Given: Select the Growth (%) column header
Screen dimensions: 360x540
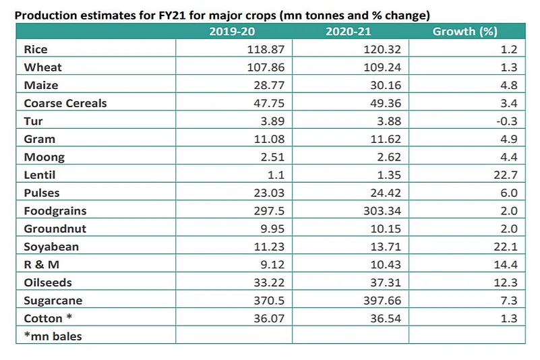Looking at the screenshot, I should [x=465, y=32].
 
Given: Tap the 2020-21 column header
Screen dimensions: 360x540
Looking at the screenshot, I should [x=350, y=32].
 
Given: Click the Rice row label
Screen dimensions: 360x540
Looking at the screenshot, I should [x=36, y=50].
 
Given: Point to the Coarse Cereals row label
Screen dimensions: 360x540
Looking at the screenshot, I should [x=65, y=103].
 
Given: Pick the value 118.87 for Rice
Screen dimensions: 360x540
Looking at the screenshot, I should [x=264, y=50].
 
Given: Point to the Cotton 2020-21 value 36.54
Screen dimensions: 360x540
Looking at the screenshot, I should [x=384, y=318].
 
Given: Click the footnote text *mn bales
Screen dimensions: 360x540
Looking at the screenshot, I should [x=53, y=335].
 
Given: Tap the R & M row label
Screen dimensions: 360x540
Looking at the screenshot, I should [x=41, y=264].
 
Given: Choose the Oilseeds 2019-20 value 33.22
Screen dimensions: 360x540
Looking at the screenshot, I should [x=267, y=282].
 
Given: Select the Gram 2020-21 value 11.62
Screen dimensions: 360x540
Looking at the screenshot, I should [x=384, y=139].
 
